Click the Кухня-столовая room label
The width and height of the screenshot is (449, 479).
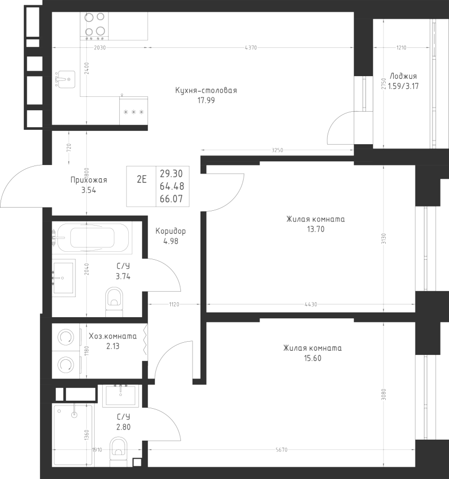click(206, 90)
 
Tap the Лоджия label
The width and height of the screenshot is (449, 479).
click(403, 76)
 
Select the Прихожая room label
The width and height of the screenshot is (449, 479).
click(89, 180)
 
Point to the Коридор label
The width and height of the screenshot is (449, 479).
click(170, 232)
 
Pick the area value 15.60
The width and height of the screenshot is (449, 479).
click(312, 358)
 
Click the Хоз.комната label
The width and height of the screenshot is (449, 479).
click(112, 336)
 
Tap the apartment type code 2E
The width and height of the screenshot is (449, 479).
click(142, 179)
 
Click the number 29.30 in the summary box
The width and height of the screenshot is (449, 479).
click(171, 174)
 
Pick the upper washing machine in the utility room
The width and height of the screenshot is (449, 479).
click(66, 337)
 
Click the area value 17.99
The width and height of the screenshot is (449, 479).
click(206, 100)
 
